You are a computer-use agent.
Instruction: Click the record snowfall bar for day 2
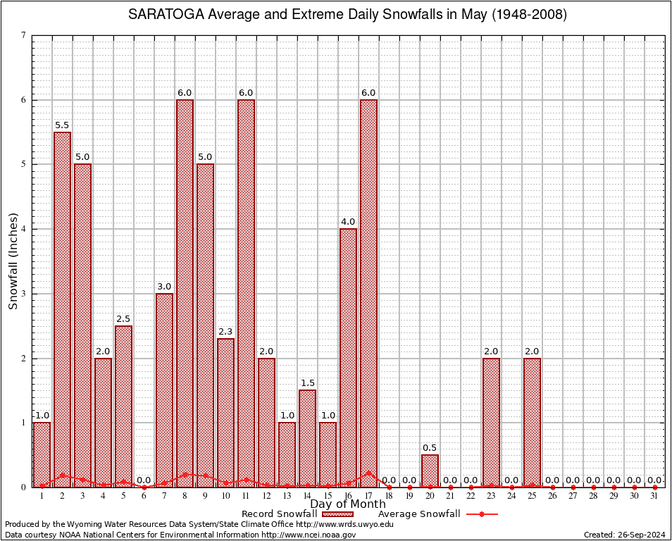[63, 310]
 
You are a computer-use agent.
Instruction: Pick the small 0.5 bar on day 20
[430, 471]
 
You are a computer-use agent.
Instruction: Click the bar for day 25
[533, 423]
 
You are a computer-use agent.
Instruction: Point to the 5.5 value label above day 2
[63, 125]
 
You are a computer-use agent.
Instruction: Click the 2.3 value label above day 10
[226, 332]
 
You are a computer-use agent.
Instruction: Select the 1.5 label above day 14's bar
[308, 383]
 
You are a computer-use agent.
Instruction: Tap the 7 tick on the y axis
[24, 35]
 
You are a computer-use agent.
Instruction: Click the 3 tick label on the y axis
[24, 294]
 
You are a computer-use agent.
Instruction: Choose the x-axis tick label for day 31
[655, 497]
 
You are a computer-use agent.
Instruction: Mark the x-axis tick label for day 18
[390, 497]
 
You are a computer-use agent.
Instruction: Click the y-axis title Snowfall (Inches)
[13, 261]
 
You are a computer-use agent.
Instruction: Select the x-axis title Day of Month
[348, 504]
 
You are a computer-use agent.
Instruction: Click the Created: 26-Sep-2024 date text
[625, 535]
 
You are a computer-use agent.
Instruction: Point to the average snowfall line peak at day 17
[369, 473]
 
